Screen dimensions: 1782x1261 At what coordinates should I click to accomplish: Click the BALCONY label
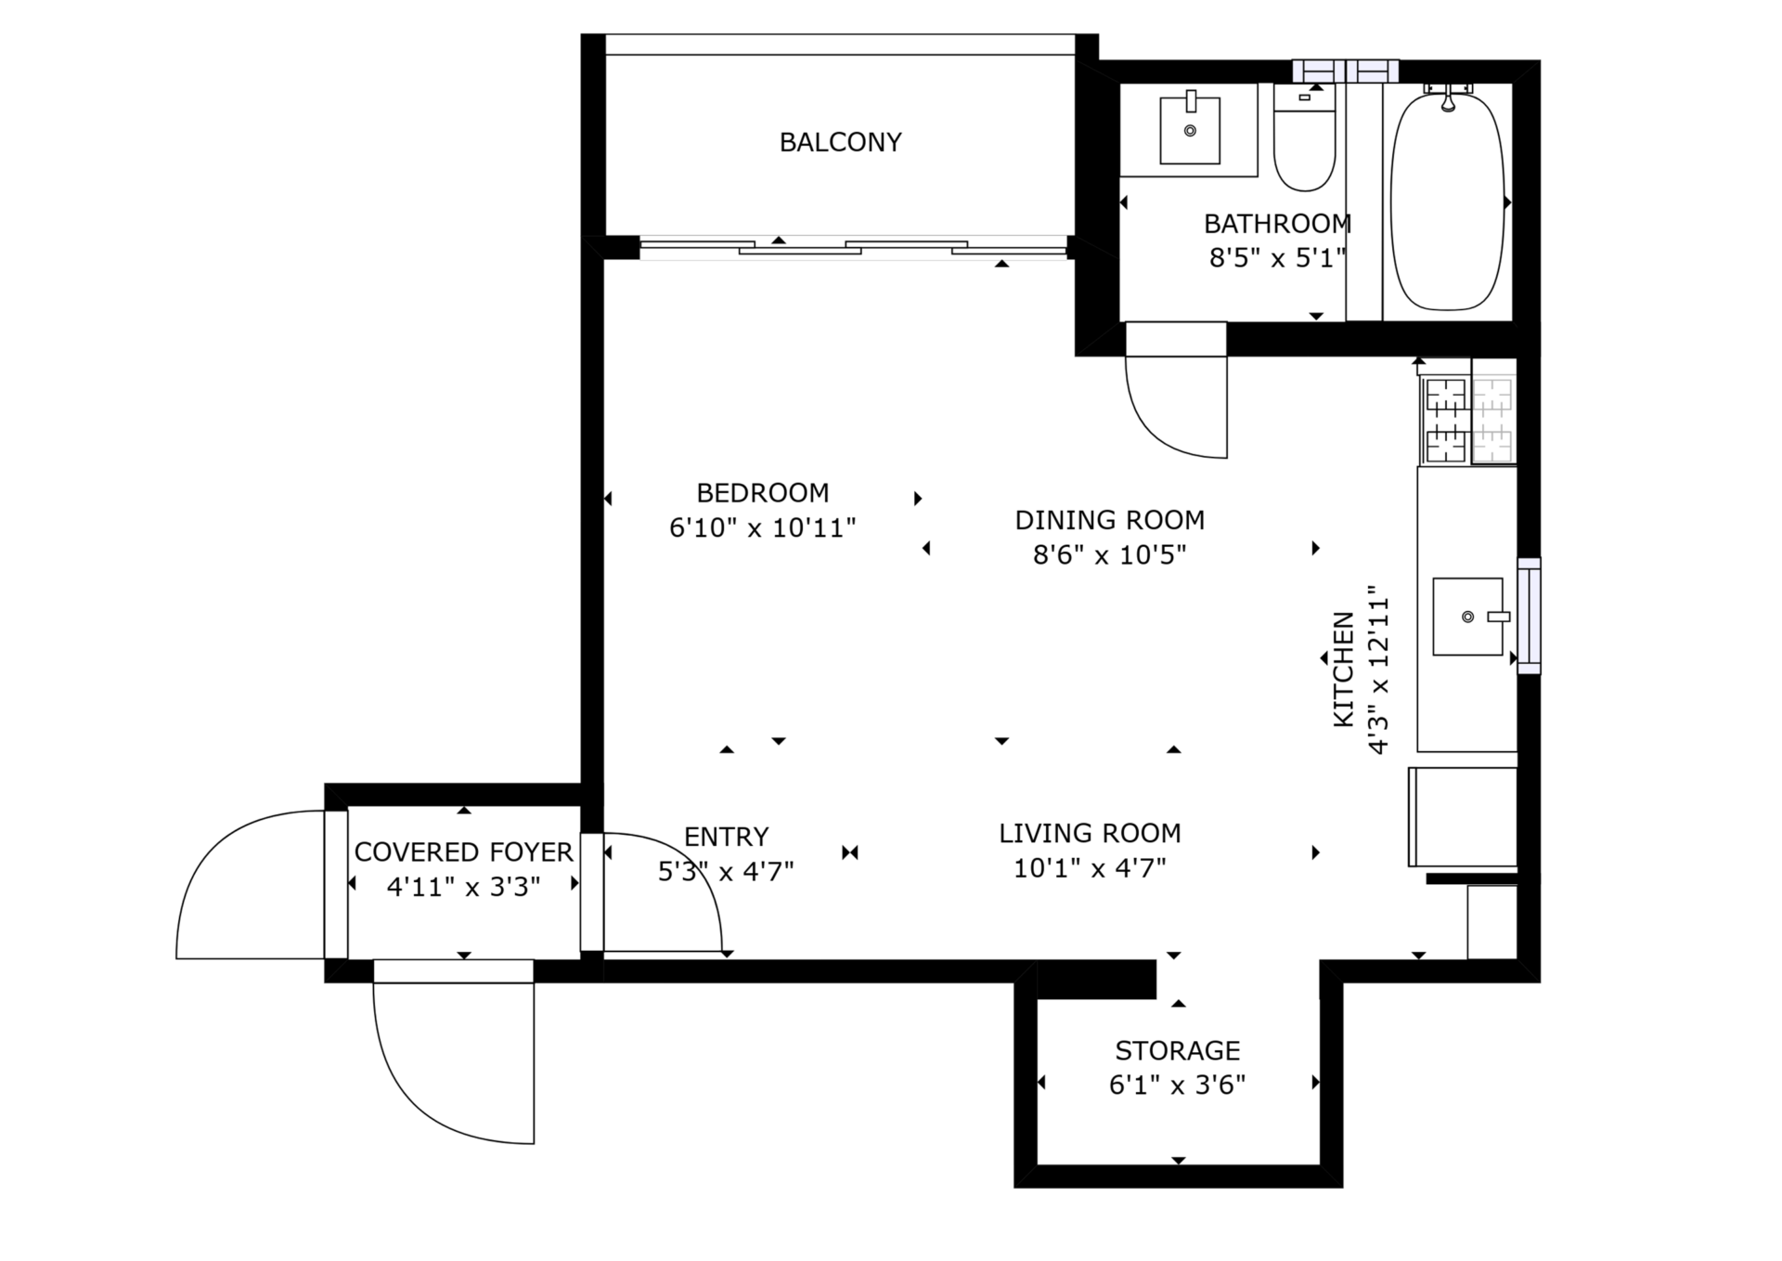coord(840,142)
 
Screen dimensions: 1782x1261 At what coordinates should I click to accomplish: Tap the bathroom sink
coord(1190,130)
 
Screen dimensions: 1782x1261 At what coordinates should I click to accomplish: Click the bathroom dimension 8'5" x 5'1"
coord(1277,258)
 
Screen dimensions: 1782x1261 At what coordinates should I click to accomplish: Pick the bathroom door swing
coord(1176,390)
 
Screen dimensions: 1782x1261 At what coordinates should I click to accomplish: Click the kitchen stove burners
coord(1467,420)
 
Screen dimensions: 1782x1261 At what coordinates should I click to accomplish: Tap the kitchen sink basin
coord(1468,617)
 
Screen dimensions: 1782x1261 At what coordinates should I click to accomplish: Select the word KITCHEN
coord(1343,669)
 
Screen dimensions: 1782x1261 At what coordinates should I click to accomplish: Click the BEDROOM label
coord(763,492)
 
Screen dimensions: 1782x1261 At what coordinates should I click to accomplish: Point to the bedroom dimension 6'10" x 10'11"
coord(762,528)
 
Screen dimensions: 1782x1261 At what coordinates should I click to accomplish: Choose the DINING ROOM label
coord(1110,520)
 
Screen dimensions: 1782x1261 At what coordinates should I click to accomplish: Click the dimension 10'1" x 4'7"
coord(1090,868)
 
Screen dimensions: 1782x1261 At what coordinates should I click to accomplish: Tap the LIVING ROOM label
coord(1090,833)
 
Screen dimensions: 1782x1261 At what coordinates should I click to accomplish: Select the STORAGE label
coord(1178,1050)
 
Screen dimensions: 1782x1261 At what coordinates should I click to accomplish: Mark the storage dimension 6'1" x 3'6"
coord(1177,1085)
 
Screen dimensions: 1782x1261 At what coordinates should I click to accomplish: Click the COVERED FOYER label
coord(464,851)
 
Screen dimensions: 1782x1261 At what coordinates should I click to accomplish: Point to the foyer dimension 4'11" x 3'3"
coord(463,887)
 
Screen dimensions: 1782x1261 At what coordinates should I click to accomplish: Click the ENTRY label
coord(726,837)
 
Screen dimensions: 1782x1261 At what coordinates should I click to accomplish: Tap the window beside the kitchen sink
coord(1529,616)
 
